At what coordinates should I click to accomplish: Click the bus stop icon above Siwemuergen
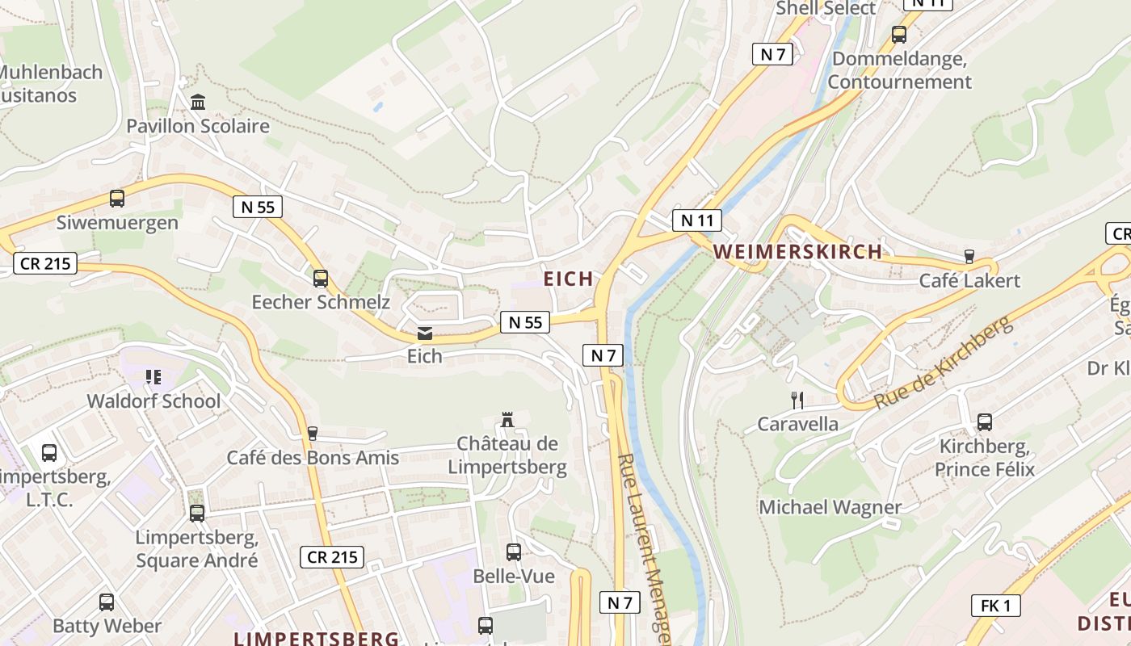(117, 198)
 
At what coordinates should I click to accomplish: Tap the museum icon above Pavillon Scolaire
(198, 102)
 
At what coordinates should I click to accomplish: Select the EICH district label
(569, 279)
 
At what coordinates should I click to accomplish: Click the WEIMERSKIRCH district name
(798, 251)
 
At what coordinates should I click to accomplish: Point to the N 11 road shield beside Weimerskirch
(696, 220)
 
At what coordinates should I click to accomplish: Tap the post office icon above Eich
(424, 333)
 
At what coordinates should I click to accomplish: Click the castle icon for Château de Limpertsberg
(507, 420)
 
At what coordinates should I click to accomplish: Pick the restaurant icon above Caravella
(797, 399)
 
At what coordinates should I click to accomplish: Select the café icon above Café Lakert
(969, 257)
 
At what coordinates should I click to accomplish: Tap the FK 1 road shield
(995, 606)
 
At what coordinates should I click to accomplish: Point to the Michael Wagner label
(830, 508)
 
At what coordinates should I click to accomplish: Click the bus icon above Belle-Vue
(514, 552)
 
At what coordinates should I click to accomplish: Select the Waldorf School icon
(153, 377)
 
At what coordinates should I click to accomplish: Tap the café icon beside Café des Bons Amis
(313, 434)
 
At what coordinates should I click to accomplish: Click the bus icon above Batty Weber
(107, 602)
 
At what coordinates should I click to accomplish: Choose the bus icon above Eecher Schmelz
(321, 279)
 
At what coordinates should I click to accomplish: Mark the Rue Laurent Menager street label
(644, 549)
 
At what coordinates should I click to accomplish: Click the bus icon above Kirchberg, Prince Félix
(985, 422)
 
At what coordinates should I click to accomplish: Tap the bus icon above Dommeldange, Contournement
(899, 35)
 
